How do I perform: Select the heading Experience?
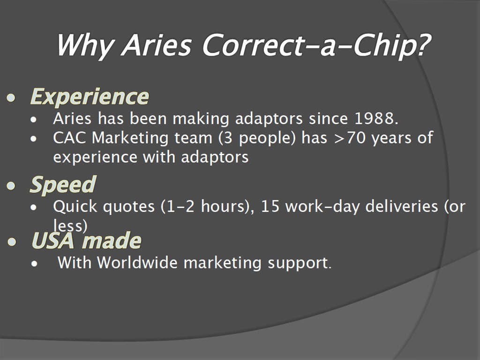point(90,97)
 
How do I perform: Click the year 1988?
point(376,119)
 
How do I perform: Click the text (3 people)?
point(257,138)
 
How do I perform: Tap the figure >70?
point(350,137)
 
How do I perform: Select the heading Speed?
point(63,184)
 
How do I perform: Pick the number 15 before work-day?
point(270,206)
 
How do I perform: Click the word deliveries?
point(402,206)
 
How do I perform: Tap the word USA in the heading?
point(53,240)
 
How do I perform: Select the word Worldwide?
point(137,262)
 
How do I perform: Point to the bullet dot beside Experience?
point(11,98)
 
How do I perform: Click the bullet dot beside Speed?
point(11,186)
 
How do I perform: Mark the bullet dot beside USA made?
point(12,242)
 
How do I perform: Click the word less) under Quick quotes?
point(70,226)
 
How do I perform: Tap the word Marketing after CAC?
point(130,138)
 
